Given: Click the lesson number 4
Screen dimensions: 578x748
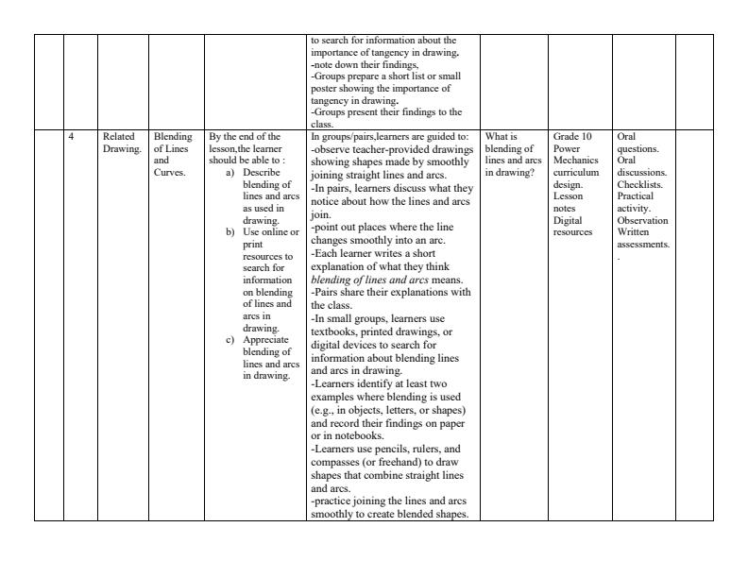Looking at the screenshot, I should (72, 137).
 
